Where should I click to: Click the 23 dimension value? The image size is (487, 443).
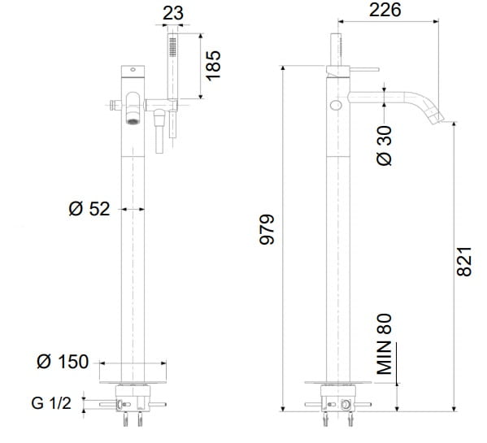click(173, 14)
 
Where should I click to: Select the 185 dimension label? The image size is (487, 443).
click(213, 66)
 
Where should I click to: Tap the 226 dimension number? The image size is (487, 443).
click(385, 10)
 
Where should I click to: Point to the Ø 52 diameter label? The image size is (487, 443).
click(89, 209)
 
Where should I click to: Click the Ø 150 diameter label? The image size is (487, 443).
click(63, 362)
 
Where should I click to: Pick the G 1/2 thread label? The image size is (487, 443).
click(51, 403)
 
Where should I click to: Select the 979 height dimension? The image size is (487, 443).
click(267, 229)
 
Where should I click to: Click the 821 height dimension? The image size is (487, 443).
click(464, 262)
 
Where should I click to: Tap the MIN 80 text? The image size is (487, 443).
click(385, 344)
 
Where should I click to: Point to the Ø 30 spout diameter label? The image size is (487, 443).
click(385, 145)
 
